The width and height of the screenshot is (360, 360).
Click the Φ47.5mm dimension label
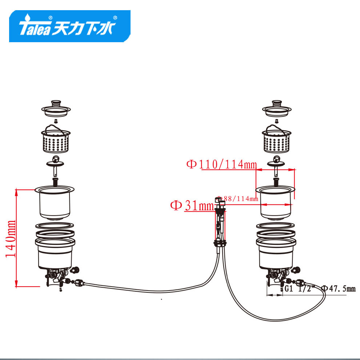click(338, 289)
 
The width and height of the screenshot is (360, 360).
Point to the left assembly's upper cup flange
click(55, 189)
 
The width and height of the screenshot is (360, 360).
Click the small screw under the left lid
click(56, 121)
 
